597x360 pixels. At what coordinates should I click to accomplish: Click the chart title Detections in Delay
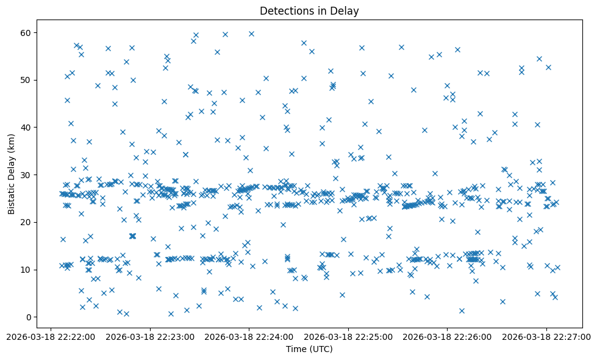pos(310,10)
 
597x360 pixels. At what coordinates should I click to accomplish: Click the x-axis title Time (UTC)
pos(310,349)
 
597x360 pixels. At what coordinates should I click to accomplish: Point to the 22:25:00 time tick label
pos(348,336)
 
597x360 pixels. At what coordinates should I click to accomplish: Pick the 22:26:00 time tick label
pos(447,336)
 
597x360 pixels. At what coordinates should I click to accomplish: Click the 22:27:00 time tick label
pos(546,336)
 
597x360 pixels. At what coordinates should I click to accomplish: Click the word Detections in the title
pos(286,10)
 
